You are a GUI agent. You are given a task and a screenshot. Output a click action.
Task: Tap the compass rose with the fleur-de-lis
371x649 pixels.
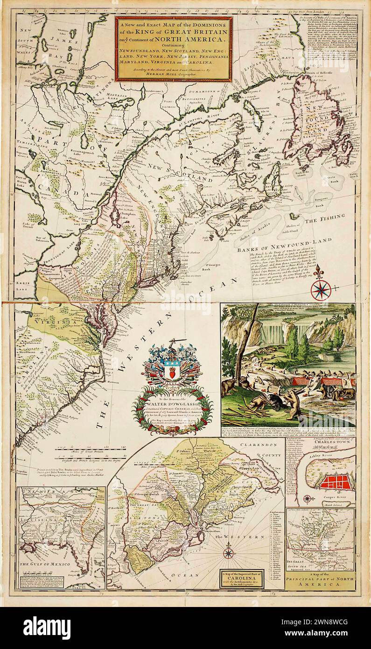[x=321, y=289]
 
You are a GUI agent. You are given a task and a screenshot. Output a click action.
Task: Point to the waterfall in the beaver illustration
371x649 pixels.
[x=273, y=332]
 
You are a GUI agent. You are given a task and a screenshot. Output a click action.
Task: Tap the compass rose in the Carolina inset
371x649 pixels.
[x=228, y=553]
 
